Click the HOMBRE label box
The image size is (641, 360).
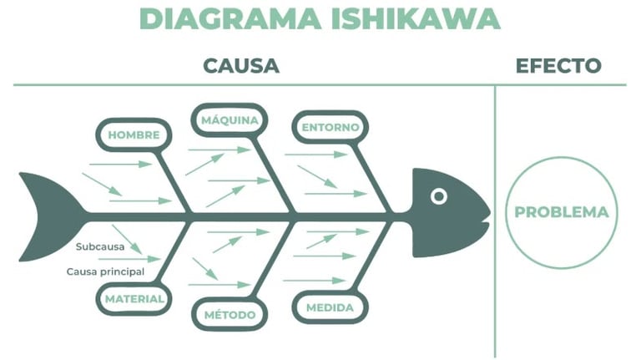pyautogui.click(x=134, y=134)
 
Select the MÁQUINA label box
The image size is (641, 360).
pyautogui.click(x=229, y=121)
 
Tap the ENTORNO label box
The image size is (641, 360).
pyautogui.click(x=331, y=127)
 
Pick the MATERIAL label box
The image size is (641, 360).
pyautogui.click(x=134, y=298)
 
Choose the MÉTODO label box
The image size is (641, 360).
pyautogui.click(x=230, y=314)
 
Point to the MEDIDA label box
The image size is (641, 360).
pyautogui.click(x=330, y=307)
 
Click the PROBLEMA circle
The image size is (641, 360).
pyautogui.click(x=561, y=212)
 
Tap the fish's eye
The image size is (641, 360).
pyautogui.click(x=439, y=196)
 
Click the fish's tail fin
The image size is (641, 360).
pyautogui.click(x=46, y=215)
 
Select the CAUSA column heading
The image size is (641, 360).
pyautogui.click(x=241, y=66)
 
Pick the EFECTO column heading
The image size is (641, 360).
pyautogui.click(x=558, y=66)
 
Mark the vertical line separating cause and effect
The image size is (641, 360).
pyautogui.click(x=495, y=251)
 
